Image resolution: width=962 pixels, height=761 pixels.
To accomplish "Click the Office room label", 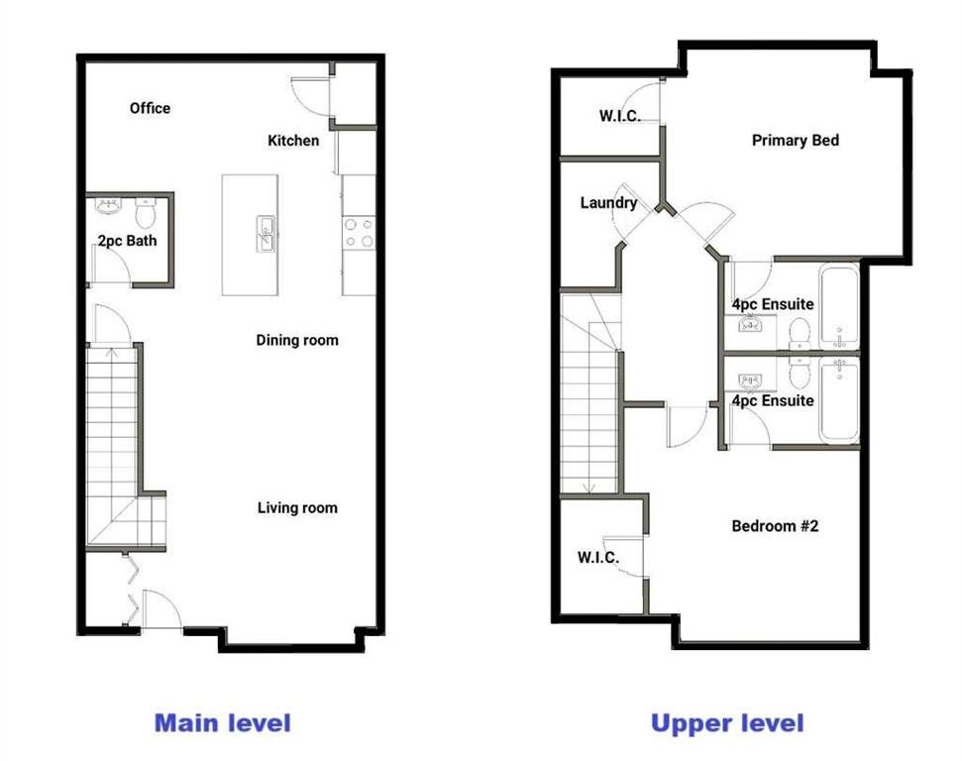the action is (150, 109).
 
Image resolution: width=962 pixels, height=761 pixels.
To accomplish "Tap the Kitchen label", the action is (293, 141).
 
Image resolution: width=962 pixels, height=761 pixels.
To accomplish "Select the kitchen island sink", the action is (266, 234).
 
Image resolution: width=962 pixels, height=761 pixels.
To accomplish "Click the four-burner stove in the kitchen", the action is (359, 233).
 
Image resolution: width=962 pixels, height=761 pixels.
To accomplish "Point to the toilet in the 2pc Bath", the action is (146, 213).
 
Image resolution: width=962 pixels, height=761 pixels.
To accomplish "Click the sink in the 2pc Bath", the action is (109, 205).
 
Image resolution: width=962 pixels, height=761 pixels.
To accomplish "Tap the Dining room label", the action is (297, 341).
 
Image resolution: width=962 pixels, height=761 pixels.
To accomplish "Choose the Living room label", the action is (297, 508).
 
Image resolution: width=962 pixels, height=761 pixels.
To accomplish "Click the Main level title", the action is (223, 723).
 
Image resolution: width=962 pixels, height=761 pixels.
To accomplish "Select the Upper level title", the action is (727, 723).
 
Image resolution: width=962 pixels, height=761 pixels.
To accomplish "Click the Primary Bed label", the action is (796, 141).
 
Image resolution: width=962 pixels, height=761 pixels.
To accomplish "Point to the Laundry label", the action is (608, 203).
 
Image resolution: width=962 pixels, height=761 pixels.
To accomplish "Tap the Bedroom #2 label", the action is (775, 526).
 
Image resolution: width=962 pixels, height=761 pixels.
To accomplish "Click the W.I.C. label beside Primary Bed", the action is (619, 116).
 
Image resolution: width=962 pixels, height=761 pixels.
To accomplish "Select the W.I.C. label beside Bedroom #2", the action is (598, 557).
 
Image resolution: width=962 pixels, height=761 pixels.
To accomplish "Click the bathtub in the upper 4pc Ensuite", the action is (839, 306).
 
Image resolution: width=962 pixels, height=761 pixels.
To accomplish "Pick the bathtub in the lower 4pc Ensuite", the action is (839, 400).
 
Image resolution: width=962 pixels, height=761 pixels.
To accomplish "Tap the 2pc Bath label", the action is (127, 241).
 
